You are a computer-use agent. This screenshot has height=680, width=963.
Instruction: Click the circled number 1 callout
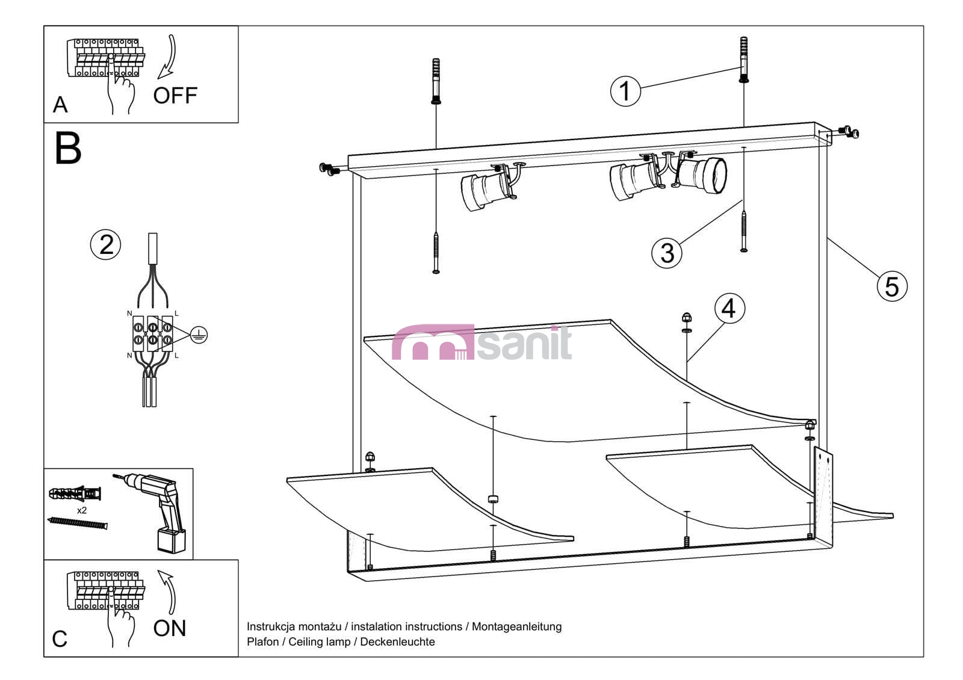[x=625, y=91]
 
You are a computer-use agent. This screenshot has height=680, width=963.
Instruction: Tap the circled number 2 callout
[x=106, y=244]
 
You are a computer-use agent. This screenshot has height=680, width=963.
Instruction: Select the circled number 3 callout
[x=667, y=253]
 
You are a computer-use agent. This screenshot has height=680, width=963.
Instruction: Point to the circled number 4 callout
[x=730, y=309]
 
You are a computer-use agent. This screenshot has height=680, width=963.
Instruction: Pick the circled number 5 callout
[x=892, y=286]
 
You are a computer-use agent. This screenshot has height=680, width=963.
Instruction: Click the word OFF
[x=175, y=96]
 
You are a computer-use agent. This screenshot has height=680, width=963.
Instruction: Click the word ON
[x=170, y=628]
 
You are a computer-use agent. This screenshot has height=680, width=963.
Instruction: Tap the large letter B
[x=68, y=148]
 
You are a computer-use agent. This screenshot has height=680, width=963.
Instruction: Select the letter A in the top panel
[x=60, y=105]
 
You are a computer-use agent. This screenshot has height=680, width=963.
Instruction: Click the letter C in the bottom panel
[x=60, y=638]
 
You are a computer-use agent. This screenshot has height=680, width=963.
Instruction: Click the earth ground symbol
[x=199, y=335]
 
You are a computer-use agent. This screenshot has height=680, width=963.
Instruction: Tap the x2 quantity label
[x=82, y=510]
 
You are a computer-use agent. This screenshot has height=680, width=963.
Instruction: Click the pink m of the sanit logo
[x=433, y=342]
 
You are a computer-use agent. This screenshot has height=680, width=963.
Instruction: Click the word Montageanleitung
[x=517, y=627]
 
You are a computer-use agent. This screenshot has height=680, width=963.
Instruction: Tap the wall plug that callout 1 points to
[x=744, y=60]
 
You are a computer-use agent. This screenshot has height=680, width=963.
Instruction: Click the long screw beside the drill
[x=78, y=523]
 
